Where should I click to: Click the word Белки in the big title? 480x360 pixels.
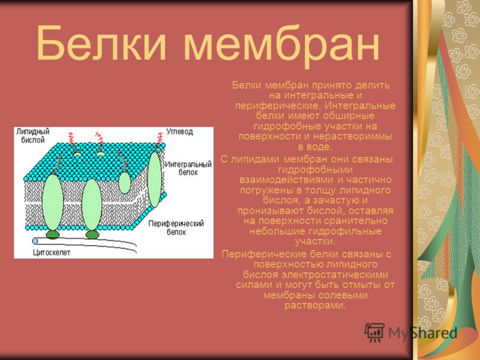pyautogui.click(x=101, y=43)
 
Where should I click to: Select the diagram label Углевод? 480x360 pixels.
pyautogui.click(x=179, y=131)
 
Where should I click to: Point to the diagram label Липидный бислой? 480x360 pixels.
pyautogui.click(x=33, y=136)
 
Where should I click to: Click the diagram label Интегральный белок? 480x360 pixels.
pyautogui.click(x=188, y=168)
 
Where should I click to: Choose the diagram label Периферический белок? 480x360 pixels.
pyautogui.click(x=176, y=227)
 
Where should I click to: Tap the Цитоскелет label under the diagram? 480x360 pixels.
pyautogui.click(x=52, y=253)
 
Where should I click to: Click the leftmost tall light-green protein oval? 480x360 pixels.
pyautogui.click(x=53, y=202)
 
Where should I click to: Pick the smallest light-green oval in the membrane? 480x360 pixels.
pyautogui.click(x=125, y=183)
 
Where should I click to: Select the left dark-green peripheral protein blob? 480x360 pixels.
pyautogui.click(x=53, y=235)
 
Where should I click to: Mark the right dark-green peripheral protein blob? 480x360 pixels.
pyautogui.click(x=92, y=235)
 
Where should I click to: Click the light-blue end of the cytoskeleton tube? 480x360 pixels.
pyautogui.click(x=35, y=241)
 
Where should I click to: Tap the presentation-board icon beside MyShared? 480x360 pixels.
pyautogui.click(x=374, y=332)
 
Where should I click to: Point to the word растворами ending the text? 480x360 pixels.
pyautogui.click(x=315, y=305)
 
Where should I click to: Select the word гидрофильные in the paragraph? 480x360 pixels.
pyautogui.click(x=346, y=231)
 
